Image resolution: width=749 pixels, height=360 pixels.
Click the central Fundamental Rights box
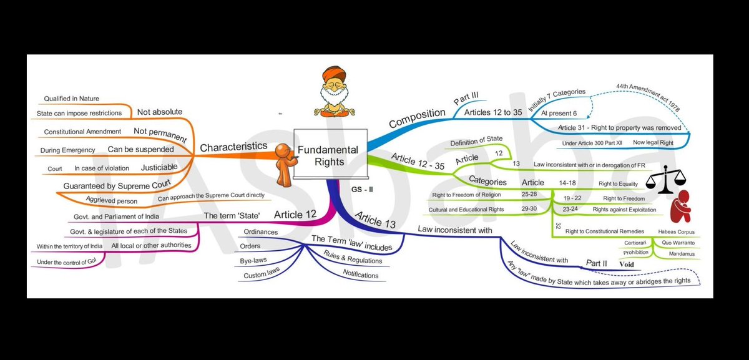[x=328, y=156]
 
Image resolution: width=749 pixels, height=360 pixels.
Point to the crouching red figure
[x=682, y=206]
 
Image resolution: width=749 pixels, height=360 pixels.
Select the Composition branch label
[x=416, y=117]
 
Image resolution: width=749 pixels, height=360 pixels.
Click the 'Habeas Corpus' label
[x=676, y=232]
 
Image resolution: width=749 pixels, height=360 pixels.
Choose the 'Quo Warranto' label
[x=679, y=243]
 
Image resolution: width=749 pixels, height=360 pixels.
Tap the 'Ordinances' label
[x=260, y=231]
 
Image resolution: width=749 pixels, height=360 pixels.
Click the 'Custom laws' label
[x=261, y=275]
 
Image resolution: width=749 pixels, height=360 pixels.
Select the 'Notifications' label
[x=360, y=275]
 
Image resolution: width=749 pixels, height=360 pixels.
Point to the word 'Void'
[x=626, y=265]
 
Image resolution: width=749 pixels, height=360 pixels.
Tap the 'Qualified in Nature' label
[x=71, y=99]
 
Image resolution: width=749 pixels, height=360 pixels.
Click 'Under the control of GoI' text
[x=68, y=262]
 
